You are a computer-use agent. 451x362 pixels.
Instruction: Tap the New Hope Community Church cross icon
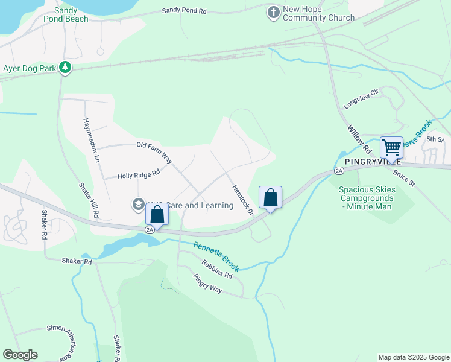point(274,11)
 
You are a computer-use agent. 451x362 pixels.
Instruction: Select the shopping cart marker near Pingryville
point(391,148)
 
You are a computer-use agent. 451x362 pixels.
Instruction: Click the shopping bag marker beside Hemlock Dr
point(271,197)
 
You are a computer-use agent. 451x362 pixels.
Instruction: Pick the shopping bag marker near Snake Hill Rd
point(157,215)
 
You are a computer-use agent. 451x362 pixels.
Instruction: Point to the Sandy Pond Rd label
point(184,11)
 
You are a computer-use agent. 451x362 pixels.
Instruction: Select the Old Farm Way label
point(155,153)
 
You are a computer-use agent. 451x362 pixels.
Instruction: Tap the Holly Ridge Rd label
point(139,174)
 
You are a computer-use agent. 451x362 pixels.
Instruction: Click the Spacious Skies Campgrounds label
point(367,198)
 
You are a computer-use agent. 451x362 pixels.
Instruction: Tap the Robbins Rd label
point(217,269)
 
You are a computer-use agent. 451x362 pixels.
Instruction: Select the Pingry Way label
point(209,285)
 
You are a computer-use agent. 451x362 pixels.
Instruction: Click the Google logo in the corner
point(20,355)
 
